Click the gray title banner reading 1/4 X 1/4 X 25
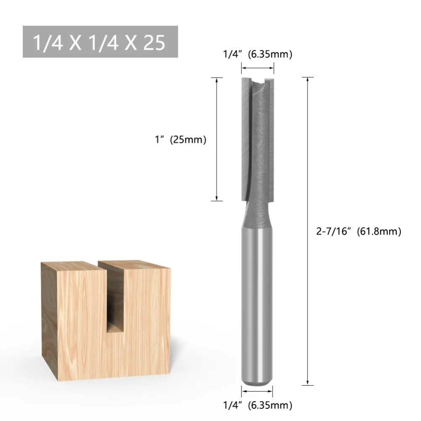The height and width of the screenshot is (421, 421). coord(100,42)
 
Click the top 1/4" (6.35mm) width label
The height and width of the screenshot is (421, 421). coord(257,54)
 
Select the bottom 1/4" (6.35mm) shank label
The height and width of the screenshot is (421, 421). coord(257,405)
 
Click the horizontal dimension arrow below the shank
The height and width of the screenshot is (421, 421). coord(257,391)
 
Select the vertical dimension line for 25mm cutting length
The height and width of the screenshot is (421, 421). coord(216,139)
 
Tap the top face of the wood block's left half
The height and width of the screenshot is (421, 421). coord(69,265)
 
